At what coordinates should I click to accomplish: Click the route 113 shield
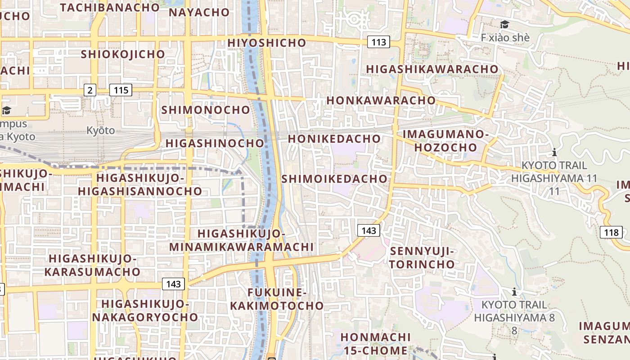tap(379, 42)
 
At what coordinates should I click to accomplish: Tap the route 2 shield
tap(90, 90)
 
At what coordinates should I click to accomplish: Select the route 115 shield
tap(121, 90)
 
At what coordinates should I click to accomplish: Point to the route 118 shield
tap(611, 233)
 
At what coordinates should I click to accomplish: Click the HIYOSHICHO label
tap(267, 43)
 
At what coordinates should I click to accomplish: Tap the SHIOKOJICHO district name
tap(123, 54)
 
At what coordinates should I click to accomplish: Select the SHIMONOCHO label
tap(205, 110)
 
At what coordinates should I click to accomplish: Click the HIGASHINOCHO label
tap(215, 143)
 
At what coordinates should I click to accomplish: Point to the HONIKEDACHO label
tap(334, 139)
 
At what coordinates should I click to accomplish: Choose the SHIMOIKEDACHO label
tap(334, 179)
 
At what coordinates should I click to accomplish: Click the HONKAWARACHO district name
tap(381, 100)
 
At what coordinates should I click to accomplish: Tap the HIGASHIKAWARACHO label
tap(432, 69)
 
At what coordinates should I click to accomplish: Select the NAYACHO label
tap(199, 12)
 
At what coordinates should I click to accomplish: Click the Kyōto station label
tap(100, 131)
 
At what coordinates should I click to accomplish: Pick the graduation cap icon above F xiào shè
tap(504, 24)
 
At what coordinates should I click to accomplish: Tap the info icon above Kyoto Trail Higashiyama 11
tap(554, 152)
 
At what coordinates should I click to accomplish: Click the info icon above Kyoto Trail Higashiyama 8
tap(514, 292)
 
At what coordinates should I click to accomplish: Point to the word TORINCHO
tap(422, 264)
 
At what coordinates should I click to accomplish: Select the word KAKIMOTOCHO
tap(277, 306)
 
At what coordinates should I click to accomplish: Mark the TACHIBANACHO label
tap(109, 7)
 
